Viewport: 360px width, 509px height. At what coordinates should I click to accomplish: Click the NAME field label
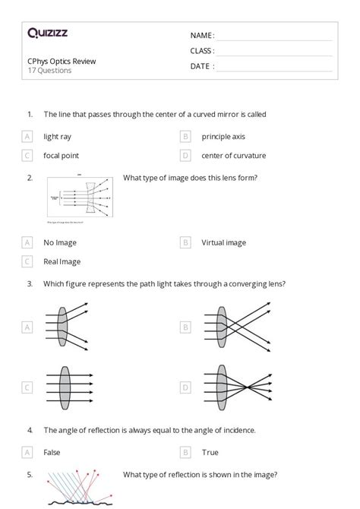pos(202,35)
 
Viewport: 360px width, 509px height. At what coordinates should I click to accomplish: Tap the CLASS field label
pos(202,51)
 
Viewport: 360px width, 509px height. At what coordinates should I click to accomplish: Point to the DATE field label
pos(202,66)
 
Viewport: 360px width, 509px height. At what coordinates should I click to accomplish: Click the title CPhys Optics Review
pos(62,61)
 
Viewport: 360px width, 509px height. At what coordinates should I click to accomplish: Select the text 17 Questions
pos(49,71)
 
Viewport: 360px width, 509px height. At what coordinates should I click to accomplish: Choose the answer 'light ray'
pos(58,137)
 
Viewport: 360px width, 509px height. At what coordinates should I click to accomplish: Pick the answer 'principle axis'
pos(224,137)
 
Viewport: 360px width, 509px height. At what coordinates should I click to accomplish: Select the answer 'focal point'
pos(61,156)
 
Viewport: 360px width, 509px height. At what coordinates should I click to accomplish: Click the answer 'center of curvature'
pos(233,156)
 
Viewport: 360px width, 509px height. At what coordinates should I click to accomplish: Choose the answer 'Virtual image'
pos(223,243)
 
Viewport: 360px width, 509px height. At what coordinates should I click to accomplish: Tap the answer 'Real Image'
pos(62,262)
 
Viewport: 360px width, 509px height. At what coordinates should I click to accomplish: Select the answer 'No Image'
pos(59,243)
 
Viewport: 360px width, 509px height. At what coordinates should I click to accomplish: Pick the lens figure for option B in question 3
pos(228,327)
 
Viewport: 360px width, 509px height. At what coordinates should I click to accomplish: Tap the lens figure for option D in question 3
pos(228,387)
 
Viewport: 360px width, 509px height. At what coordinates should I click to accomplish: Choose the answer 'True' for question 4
pos(210,452)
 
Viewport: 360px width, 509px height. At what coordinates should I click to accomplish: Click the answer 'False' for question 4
pos(52,452)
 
